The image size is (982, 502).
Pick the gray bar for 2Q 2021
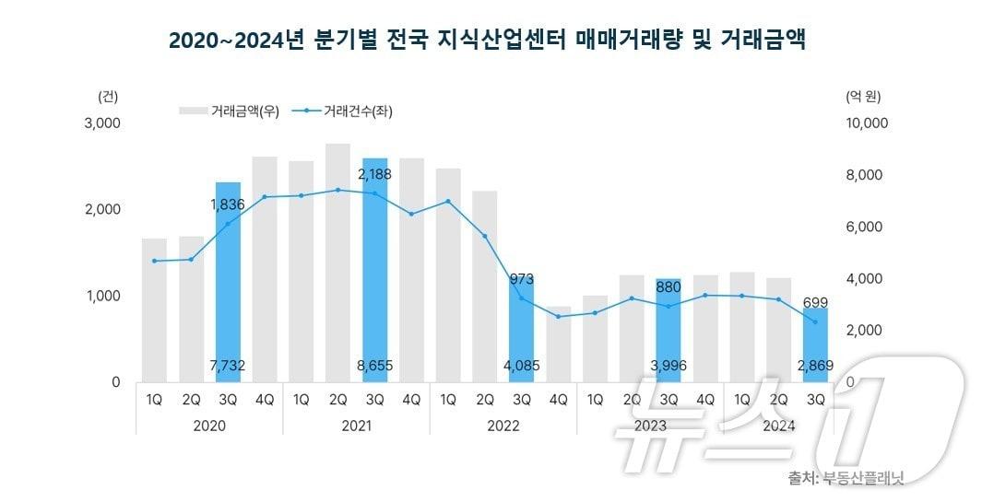click(x=337, y=263)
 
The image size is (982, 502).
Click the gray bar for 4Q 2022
click(x=558, y=345)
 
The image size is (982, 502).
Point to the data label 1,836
click(x=227, y=204)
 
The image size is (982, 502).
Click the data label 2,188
click(x=374, y=173)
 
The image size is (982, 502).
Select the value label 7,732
click(x=227, y=366)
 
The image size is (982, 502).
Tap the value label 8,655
click(x=374, y=366)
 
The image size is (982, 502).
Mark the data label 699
click(x=815, y=302)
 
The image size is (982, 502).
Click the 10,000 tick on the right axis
click(x=866, y=123)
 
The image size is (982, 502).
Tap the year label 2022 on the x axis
click(x=503, y=426)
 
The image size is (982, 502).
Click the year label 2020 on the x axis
click(x=209, y=426)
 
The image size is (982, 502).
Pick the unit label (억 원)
click(x=863, y=95)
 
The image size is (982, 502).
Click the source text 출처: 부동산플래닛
click(x=846, y=478)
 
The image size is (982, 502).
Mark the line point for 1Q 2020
click(x=154, y=261)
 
